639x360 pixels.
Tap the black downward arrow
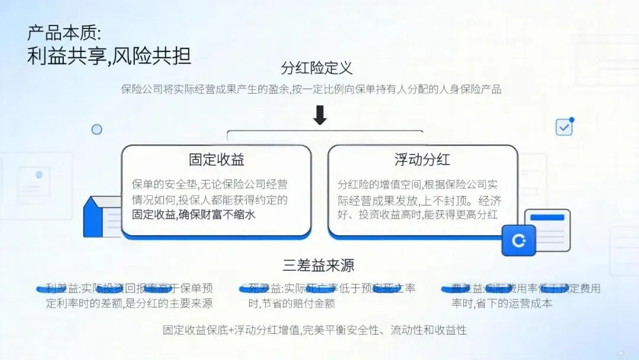(319, 115)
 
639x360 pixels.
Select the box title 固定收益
(217, 159)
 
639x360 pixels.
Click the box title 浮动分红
(422, 159)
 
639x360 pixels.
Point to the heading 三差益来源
(318, 265)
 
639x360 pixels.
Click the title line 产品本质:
(64, 33)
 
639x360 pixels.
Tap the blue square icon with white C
(518, 241)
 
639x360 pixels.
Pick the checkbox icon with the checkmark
(564, 127)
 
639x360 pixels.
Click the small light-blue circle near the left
(96, 129)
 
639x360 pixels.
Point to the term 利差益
(62, 288)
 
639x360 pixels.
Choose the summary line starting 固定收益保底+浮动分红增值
(315, 330)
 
